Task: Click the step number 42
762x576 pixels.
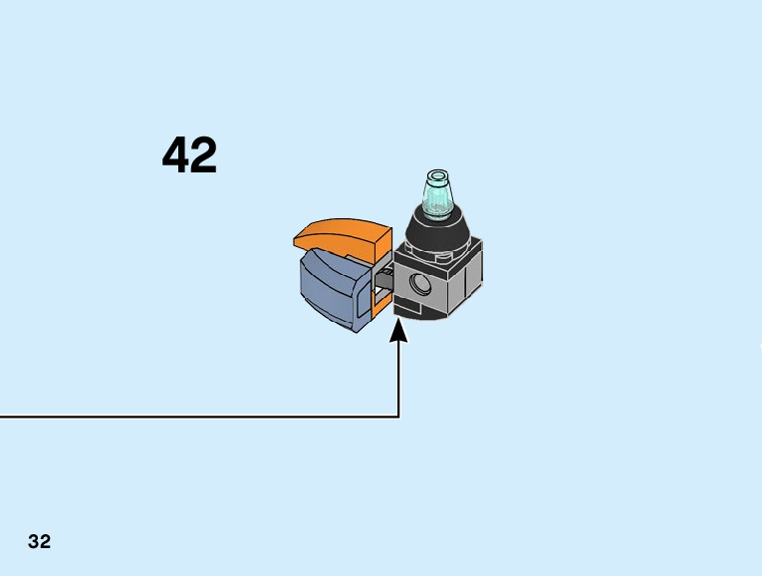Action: point(189,156)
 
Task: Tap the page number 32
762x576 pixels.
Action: point(40,542)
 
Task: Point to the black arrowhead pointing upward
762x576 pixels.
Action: point(399,330)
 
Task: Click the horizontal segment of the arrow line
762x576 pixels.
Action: point(199,417)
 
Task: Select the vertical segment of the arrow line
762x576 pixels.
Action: point(399,379)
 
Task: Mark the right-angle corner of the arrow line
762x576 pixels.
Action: point(399,417)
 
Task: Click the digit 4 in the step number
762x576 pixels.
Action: point(176,156)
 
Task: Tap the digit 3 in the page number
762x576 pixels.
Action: point(34,542)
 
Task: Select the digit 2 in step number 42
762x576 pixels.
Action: point(203,156)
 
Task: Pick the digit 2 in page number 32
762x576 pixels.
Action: point(46,542)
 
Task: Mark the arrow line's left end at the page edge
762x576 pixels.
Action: point(3,417)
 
